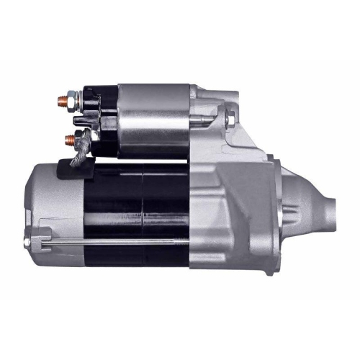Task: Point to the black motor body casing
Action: click(x=137, y=209)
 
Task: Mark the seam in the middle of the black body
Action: click(x=143, y=209)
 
